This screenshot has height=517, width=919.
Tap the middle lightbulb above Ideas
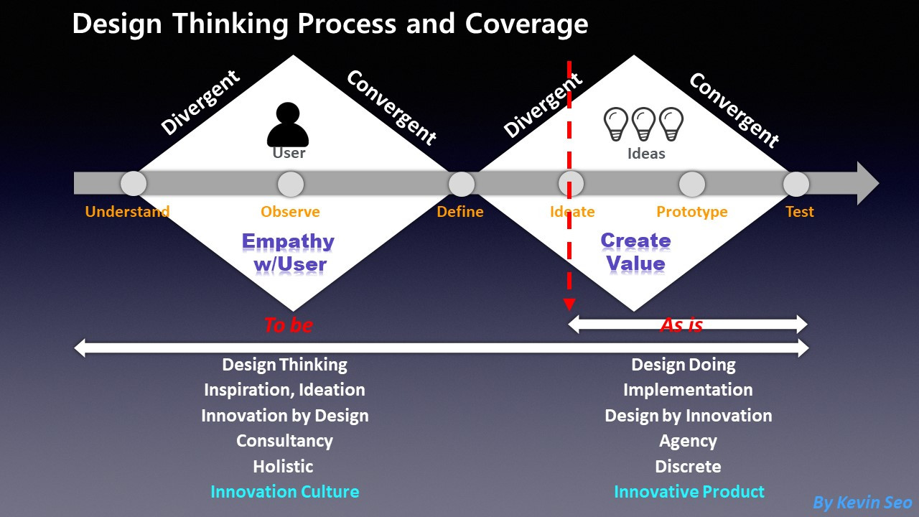tap(643, 124)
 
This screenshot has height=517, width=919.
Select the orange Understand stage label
tap(127, 212)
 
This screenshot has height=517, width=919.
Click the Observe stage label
tap(290, 212)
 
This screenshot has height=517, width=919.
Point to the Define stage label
tap(460, 212)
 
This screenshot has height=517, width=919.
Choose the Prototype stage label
tap(691, 212)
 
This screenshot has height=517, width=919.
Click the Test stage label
tap(799, 212)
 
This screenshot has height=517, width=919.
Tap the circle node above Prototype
tap(691, 184)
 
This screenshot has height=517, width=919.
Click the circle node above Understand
tap(134, 184)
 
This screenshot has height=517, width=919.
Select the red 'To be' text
tap(288, 325)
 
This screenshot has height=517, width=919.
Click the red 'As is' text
tap(681, 325)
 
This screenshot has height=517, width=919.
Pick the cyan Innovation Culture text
tap(284, 492)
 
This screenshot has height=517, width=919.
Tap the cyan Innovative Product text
tap(689, 492)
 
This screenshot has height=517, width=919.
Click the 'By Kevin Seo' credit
tap(862, 503)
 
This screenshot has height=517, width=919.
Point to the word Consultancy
tap(284, 441)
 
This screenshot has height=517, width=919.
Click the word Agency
tap(688, 441)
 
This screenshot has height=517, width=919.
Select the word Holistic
tap(283, 466)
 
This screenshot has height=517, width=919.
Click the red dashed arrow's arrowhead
tap(569, 303)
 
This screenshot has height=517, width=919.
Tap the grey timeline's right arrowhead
tap(867, 183)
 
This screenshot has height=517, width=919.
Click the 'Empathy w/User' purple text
tap(289, 253)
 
